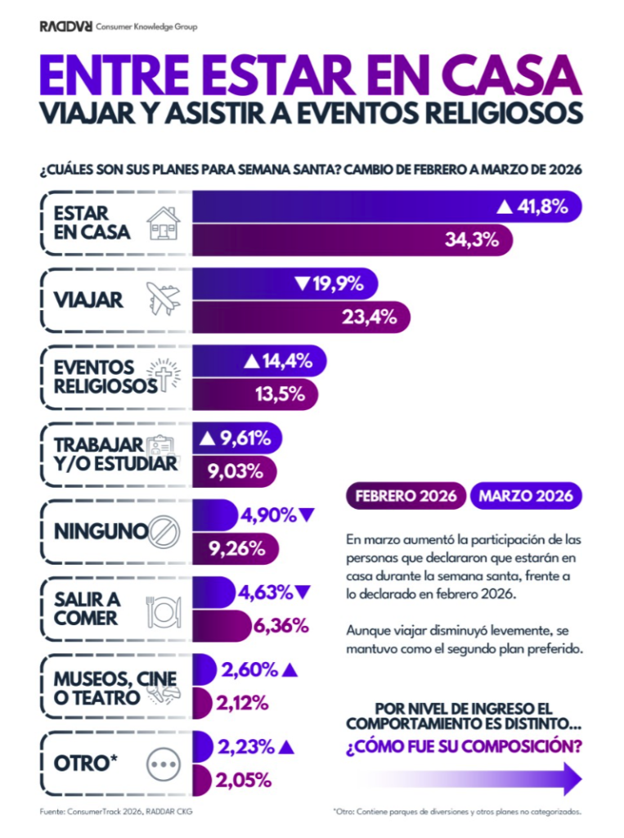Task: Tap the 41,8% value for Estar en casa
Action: [542, 206]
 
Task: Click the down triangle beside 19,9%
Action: [301, 284]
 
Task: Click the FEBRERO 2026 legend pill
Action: [406, 496]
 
